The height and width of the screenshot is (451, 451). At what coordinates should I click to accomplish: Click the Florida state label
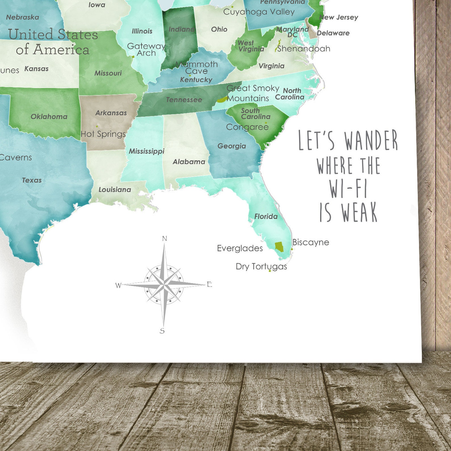(266, 216)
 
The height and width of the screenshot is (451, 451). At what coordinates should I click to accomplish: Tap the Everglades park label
(240, 248)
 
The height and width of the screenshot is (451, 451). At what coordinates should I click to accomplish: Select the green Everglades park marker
(279, 247)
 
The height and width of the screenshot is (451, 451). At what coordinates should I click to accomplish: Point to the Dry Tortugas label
(261, 266)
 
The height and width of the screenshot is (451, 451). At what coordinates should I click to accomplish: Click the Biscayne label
(311, 242)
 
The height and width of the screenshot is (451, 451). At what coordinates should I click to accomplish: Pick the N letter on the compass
(164, 239)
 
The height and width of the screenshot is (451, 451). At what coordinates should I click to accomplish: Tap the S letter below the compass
(162, 331)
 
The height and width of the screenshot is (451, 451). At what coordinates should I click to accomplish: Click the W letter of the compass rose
(118, 285)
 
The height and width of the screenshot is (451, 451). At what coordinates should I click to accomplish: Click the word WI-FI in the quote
(348, 189)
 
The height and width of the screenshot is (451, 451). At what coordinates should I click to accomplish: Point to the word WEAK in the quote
(359, 212)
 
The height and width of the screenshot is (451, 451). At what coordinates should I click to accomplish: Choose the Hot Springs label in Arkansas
(103, 134)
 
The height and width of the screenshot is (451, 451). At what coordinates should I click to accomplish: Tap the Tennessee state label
(184, 100)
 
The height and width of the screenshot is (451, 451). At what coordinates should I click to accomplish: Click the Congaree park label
(247, 127)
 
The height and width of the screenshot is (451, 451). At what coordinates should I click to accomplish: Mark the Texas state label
(32, 180)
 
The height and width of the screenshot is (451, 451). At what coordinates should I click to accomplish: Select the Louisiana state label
(115, 189)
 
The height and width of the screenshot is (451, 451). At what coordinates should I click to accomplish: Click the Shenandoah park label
(304, 49)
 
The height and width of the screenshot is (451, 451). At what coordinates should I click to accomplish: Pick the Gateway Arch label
(146, 49)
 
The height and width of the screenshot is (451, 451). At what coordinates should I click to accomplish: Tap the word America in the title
(61, 49)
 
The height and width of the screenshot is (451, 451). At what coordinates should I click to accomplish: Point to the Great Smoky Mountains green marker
(222, 99)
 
